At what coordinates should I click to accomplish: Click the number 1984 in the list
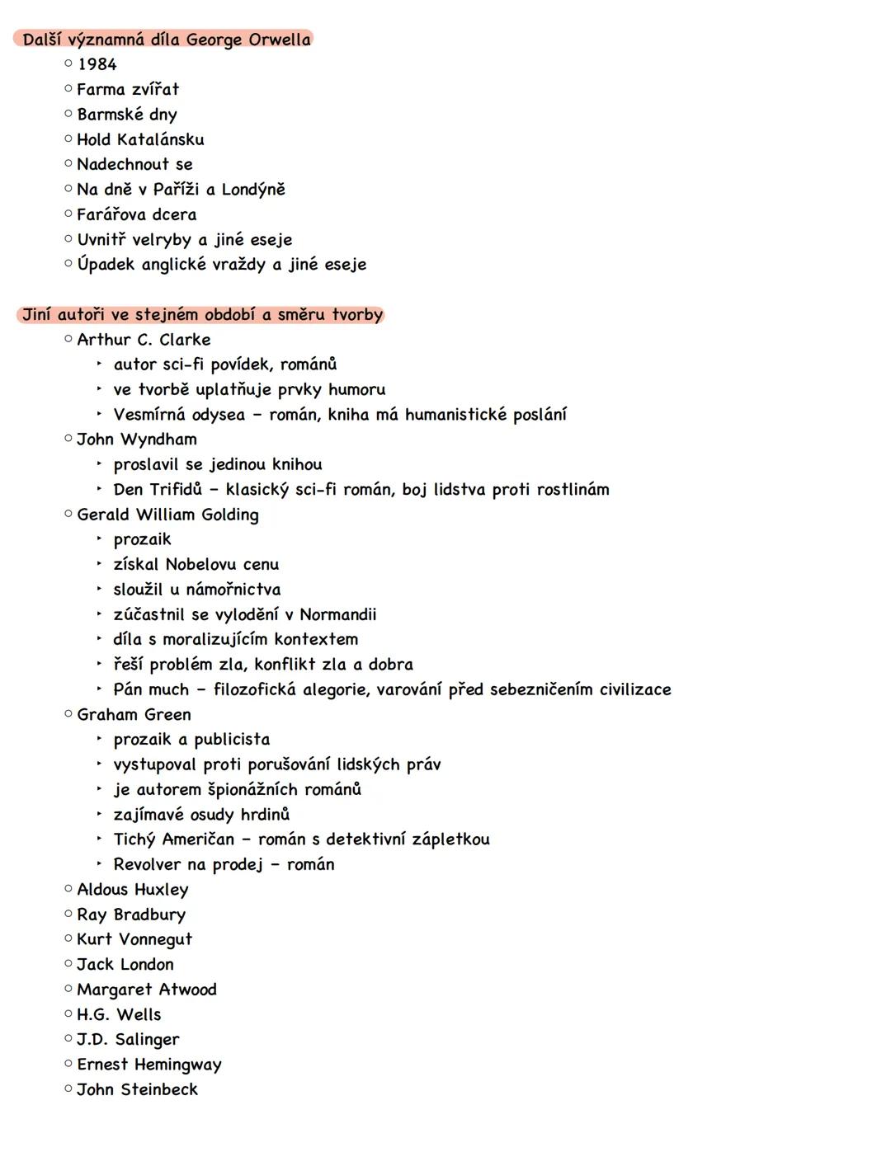(97, 64)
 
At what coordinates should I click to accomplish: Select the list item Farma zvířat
(128, 89)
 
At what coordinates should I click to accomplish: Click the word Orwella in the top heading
(280, 40)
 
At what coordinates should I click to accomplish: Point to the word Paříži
(176, 190)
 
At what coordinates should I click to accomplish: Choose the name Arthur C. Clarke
(144, 340)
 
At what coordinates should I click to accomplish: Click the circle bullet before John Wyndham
(68, 439)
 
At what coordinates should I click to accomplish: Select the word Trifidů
(175, 490)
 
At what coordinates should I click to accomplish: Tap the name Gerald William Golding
(167, 515)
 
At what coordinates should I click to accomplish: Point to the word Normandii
(338, 614)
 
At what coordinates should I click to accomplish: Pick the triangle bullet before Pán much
(99, 689)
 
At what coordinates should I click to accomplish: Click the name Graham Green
(134, 714)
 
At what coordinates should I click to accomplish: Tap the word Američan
(198, 839)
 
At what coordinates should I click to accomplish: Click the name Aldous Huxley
(133, 890)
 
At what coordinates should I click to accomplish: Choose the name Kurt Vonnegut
(134, 939)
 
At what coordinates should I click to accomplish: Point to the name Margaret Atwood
(147, 990)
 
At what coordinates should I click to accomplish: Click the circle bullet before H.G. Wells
(68, 1014)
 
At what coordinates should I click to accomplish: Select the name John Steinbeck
(138, 1089)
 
